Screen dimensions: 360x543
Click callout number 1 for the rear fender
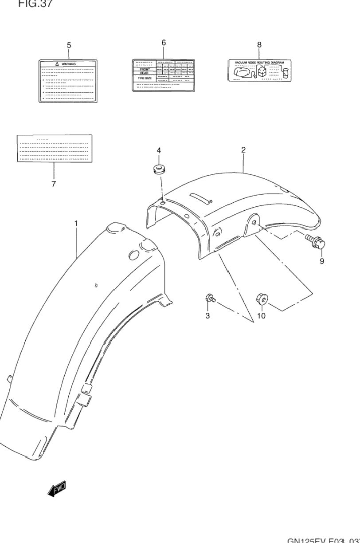tap(76, 224)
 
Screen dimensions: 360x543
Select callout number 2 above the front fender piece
tap(243, 150)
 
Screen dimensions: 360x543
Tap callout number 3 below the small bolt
tap(207, 316)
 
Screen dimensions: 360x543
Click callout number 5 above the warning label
tap(69, 45)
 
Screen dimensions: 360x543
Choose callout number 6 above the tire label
tap(163, 43)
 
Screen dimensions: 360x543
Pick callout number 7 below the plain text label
tap(53, 184)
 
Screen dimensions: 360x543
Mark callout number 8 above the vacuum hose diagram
tap(259, 44)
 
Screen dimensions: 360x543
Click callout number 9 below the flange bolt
tap(322, 261)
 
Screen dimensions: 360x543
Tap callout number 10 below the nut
tap(261, 316)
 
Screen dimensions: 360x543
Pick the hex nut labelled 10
tap(262, 300)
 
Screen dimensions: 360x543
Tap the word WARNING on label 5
tap(69, 64)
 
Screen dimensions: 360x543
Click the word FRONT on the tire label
tap(145, 69)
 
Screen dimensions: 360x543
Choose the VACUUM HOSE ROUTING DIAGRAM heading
tap(259, 63)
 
